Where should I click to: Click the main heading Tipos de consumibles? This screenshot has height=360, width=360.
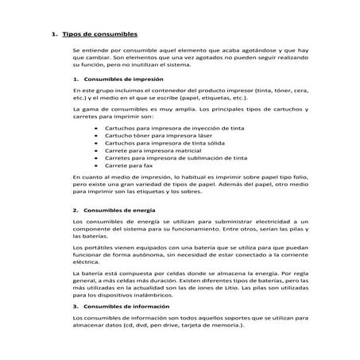point(99,35)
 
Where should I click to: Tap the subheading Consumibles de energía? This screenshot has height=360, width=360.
point(120,209)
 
